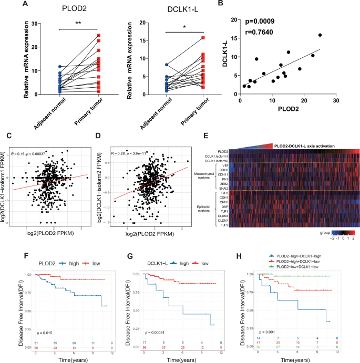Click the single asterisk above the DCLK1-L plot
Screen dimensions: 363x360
[169, 26]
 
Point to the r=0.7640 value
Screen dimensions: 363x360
[266, 32]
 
